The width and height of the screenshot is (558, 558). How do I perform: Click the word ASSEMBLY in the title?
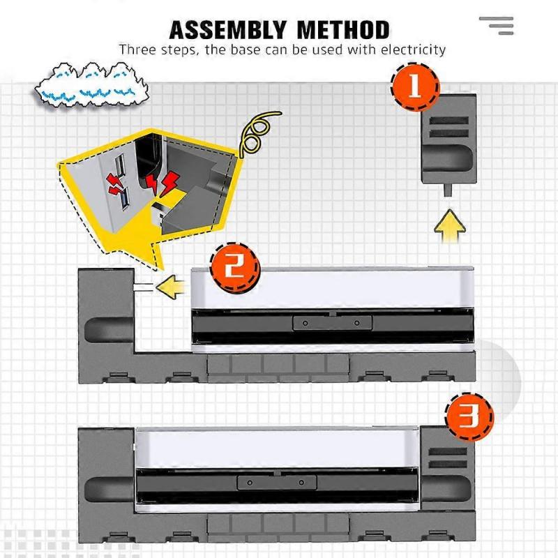[228, 30]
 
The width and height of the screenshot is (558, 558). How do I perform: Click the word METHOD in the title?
[343, 30]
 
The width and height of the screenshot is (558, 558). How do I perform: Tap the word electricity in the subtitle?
[413, 50]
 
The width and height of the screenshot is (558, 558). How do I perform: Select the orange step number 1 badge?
[415, 86]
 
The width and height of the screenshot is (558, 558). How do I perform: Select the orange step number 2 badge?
[235, 267]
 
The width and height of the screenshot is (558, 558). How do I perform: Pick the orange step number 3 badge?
[469, 416]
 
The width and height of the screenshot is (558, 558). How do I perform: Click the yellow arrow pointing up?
[450, 225]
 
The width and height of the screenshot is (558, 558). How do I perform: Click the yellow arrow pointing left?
[170, 287]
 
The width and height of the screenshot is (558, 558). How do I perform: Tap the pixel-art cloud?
[92, 84]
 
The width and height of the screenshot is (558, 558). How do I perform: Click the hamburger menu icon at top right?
[497, 26]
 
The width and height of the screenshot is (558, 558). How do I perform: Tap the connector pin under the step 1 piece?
[448, 190]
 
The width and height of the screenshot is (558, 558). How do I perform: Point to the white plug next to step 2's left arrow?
[143, 287]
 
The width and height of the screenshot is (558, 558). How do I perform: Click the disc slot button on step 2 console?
[332, 323]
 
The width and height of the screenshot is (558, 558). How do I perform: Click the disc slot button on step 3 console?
[276, 483]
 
